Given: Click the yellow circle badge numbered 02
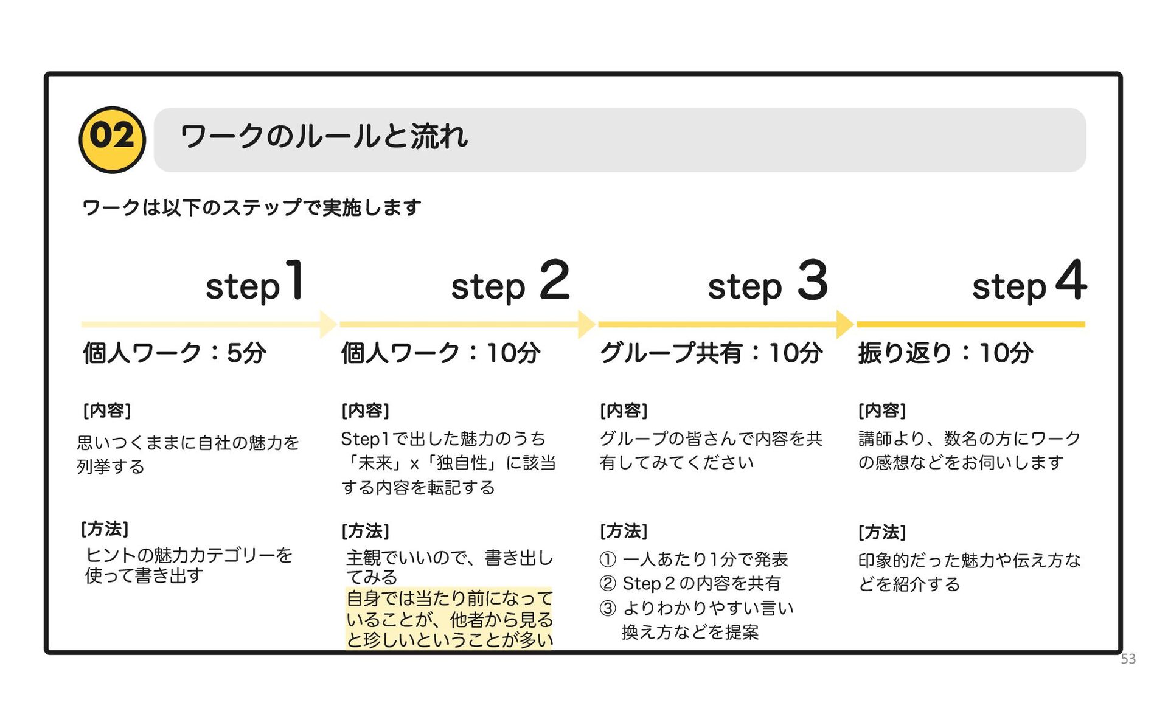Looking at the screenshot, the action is (112, 139).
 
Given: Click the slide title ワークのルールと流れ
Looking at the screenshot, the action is (324, 136).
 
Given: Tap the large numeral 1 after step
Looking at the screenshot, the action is (295, 280).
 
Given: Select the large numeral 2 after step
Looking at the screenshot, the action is (554, 280).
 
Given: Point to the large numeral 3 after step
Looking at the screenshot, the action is (813, 280).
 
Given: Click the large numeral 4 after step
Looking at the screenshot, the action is (1071, 280).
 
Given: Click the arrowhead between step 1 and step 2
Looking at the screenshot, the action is (328, 324).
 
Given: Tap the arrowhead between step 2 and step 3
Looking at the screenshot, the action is (586, 324).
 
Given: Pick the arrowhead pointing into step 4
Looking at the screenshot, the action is (845, 324).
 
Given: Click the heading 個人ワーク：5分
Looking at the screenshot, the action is (175, 353).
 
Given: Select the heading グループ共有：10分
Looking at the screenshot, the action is (711, 353).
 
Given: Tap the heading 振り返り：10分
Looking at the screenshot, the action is (945, 353).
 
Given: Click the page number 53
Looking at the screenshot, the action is (1128, 659).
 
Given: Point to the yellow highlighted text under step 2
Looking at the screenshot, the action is (449, 619).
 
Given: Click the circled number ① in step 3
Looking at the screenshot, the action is (608, 559).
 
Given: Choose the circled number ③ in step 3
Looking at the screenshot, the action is (608, 608).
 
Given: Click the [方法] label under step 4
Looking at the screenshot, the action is (882, 532).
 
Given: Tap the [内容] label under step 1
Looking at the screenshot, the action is (107, 411).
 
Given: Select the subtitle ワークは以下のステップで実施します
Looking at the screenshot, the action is (251, 208).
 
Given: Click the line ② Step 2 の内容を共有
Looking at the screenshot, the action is (690, 584).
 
